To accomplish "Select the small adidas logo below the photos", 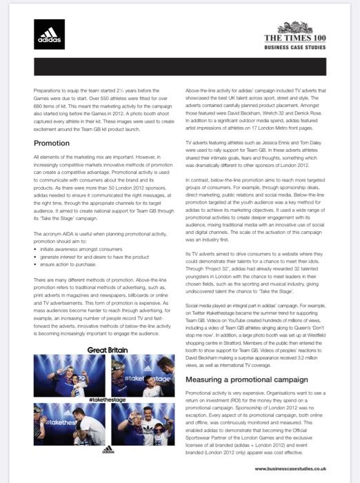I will [107, 449].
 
